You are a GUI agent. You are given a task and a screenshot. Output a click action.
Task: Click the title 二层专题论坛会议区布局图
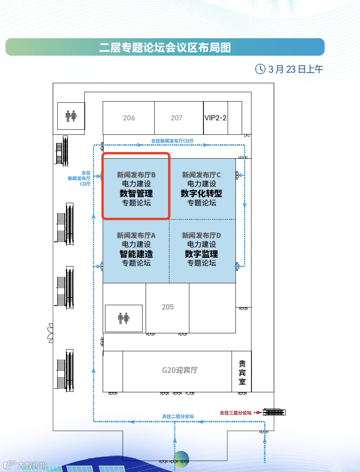165,47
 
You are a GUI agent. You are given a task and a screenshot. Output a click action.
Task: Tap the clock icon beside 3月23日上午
260,69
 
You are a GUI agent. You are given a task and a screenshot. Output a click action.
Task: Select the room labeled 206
129,118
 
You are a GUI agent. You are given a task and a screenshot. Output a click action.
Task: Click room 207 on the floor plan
176,118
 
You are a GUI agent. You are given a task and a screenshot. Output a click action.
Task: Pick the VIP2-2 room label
215,118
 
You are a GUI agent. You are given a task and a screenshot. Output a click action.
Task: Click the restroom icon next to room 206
71,116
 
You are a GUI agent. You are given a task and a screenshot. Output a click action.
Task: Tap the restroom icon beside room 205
124,318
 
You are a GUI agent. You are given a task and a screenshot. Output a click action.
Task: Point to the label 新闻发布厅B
136,175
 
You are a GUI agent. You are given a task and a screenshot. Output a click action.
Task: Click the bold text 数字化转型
201,193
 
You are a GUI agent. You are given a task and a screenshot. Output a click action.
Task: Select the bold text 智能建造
136,254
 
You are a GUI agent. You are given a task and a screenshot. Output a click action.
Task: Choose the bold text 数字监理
201,254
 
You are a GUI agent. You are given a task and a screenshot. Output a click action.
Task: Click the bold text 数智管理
136,193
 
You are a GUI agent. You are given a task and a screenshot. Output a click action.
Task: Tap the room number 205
168,307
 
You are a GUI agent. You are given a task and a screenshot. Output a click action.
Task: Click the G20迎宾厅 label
180,370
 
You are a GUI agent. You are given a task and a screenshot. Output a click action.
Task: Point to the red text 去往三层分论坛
235,413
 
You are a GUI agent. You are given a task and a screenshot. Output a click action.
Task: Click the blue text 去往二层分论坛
178,417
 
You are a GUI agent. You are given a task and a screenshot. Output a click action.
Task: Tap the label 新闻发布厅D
201,235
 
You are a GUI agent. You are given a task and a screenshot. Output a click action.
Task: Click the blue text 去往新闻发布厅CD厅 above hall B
173,141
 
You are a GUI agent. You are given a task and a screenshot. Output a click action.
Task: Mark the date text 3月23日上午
296,70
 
